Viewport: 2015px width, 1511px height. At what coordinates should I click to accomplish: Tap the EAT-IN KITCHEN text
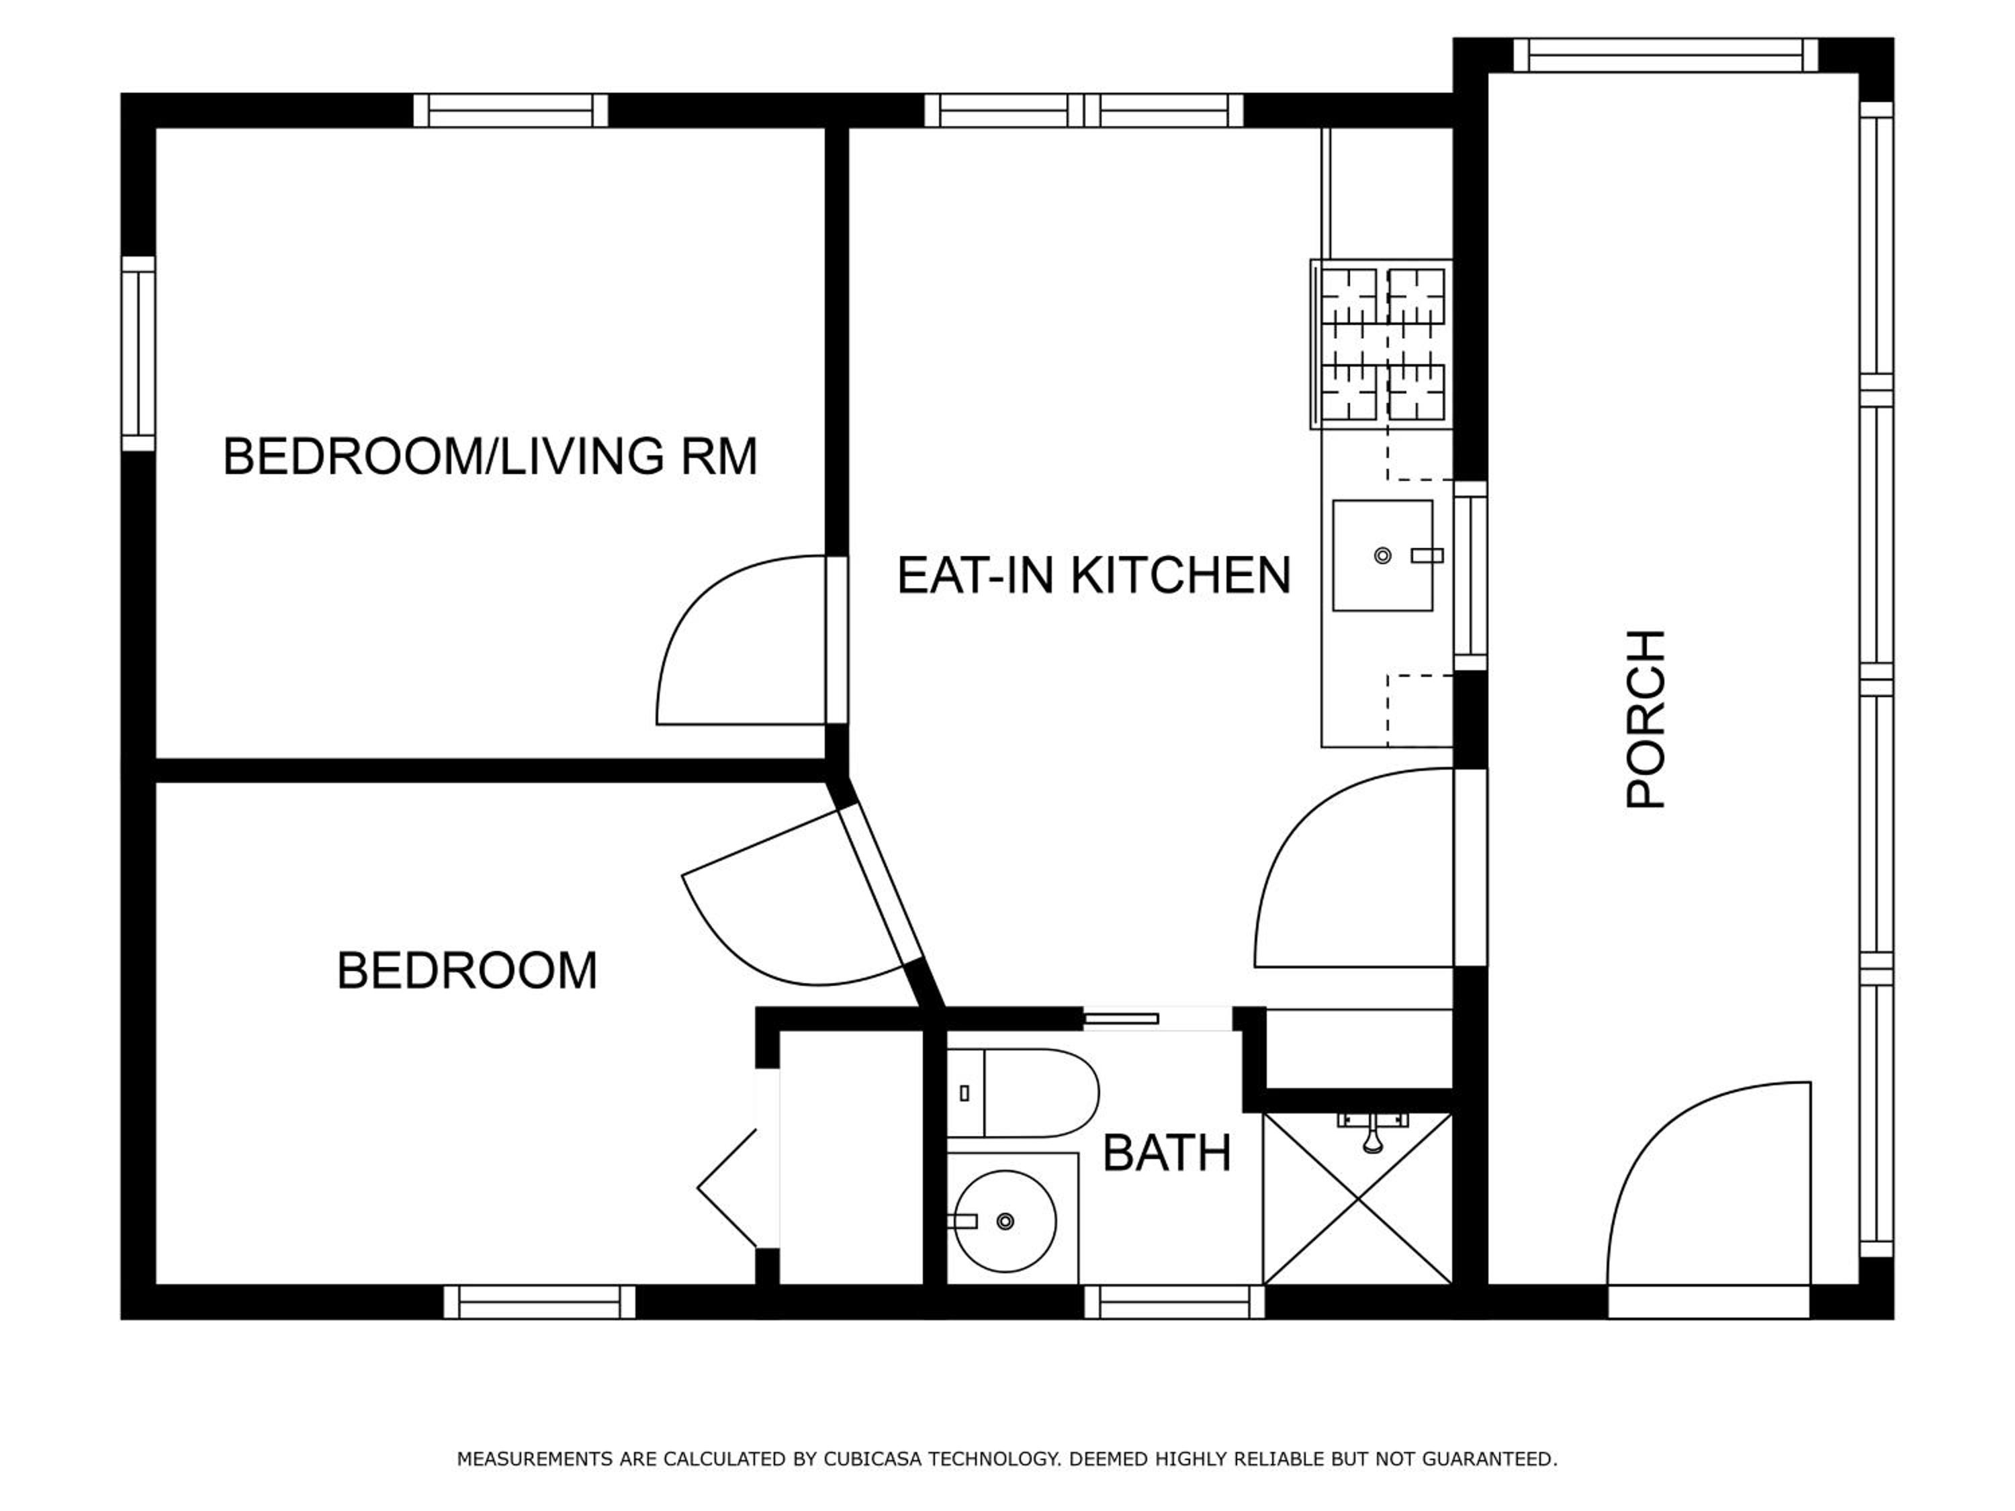pyautogui.click(x=1094, y=575)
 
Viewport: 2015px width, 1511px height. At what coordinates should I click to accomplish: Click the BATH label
pyautogui.click(x=1167, y=1153)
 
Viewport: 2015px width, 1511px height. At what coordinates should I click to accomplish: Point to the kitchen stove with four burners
pyautogui.click(x=1381, y=345)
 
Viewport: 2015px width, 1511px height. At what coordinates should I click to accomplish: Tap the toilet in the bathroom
pyautogui.click(x=1022, y=1093)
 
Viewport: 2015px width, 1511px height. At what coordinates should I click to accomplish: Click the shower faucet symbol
pyautogui.click(x=1373, y=1130)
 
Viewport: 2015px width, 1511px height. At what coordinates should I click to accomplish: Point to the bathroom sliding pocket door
pyautogui.click(x=1120, y=1018)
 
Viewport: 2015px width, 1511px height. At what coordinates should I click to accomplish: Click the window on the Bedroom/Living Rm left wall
pyautogui.click(x=138, y=353)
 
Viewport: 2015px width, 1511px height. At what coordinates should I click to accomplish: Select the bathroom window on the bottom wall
pyautogui.click(x=1174, y=1302)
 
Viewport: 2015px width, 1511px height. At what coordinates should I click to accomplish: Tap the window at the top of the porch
pyautogui.click(x=1665, y=54)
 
